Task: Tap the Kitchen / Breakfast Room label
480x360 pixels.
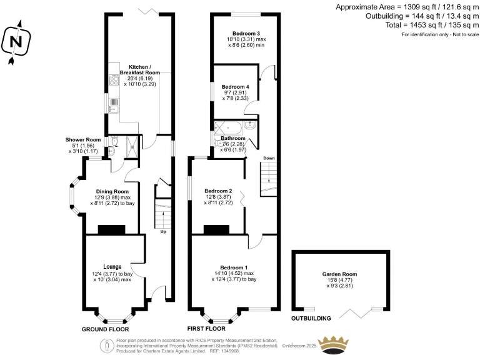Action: point(138,70)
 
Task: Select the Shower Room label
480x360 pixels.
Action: point(83,139)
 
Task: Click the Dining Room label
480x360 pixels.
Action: point(112,191)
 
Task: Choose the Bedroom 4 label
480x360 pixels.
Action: point(236,86)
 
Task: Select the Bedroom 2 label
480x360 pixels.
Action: point(218,191)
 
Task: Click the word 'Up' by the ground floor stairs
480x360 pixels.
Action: point(163,232)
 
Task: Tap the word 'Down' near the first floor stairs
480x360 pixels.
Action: point(269,159)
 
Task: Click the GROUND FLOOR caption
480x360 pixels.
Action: point(106,329)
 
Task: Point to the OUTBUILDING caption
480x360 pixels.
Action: point(311,318)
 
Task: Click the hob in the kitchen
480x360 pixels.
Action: point(114,79)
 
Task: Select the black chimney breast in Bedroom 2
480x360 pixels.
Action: point(216,229)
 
